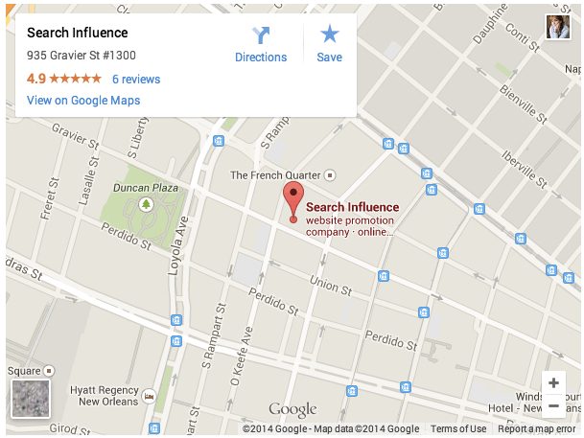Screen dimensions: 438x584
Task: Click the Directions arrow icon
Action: [261, 35]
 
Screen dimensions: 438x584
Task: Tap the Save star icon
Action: [330, 35]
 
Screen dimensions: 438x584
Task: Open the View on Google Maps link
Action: [83, 101]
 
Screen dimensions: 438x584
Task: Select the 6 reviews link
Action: [136, 80]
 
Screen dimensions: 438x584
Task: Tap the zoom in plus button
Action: [553, 382]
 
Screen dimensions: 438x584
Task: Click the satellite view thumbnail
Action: [30, 398]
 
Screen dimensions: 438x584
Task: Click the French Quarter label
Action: [276, 175]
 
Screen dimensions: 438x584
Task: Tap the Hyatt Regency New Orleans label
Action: [108, 395]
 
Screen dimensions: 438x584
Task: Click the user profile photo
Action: [558, 27]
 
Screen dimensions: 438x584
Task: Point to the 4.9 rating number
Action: [35, 80]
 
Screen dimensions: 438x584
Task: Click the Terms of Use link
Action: [458, 428]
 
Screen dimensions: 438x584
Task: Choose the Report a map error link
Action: [536, 428]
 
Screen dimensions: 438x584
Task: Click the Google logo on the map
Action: [292, 409]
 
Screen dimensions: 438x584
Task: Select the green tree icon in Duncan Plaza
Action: [147, 204]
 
